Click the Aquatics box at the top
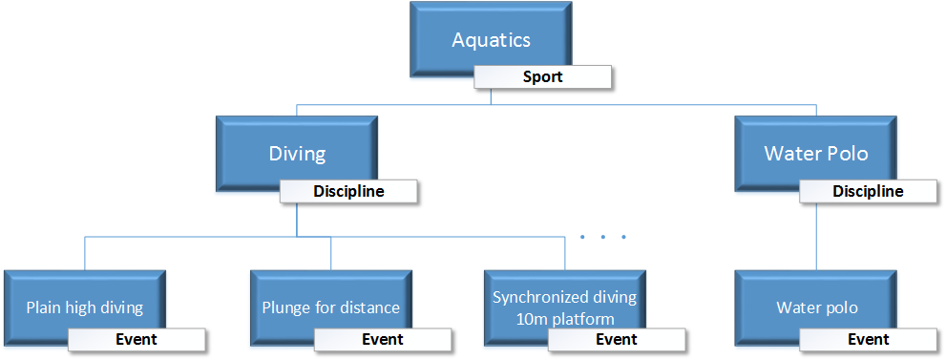click(x=491, y=40)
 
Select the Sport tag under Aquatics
click(x=542, y=77)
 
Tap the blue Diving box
click(x=296, y=153)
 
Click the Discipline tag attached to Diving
click(x=348, y=192)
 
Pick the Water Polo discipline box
click(x=815, y=153)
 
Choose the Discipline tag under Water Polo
click(x=868, y=192)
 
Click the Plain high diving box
click(x=84, y=307)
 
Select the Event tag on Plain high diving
click(x=137, y=340)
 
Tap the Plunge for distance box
click(x=330, y=307)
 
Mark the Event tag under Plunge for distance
click(x=383, y=340)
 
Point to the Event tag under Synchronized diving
click(x=617, y=340)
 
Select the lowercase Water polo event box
click(x=816, y=307)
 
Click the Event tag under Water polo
click(x=869, y=340)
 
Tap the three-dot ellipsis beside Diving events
click(x=603, y=236)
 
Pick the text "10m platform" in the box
click(x=564, y=319)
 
